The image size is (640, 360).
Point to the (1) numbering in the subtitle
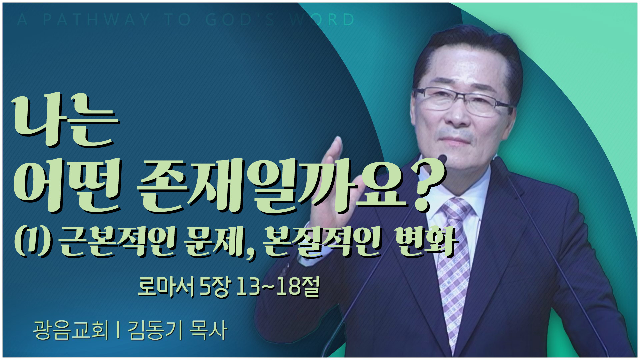[33, 242]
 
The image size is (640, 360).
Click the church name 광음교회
[71, 330]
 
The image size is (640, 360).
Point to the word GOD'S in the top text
[240, 20]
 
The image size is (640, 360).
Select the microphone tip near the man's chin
[442, 159]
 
